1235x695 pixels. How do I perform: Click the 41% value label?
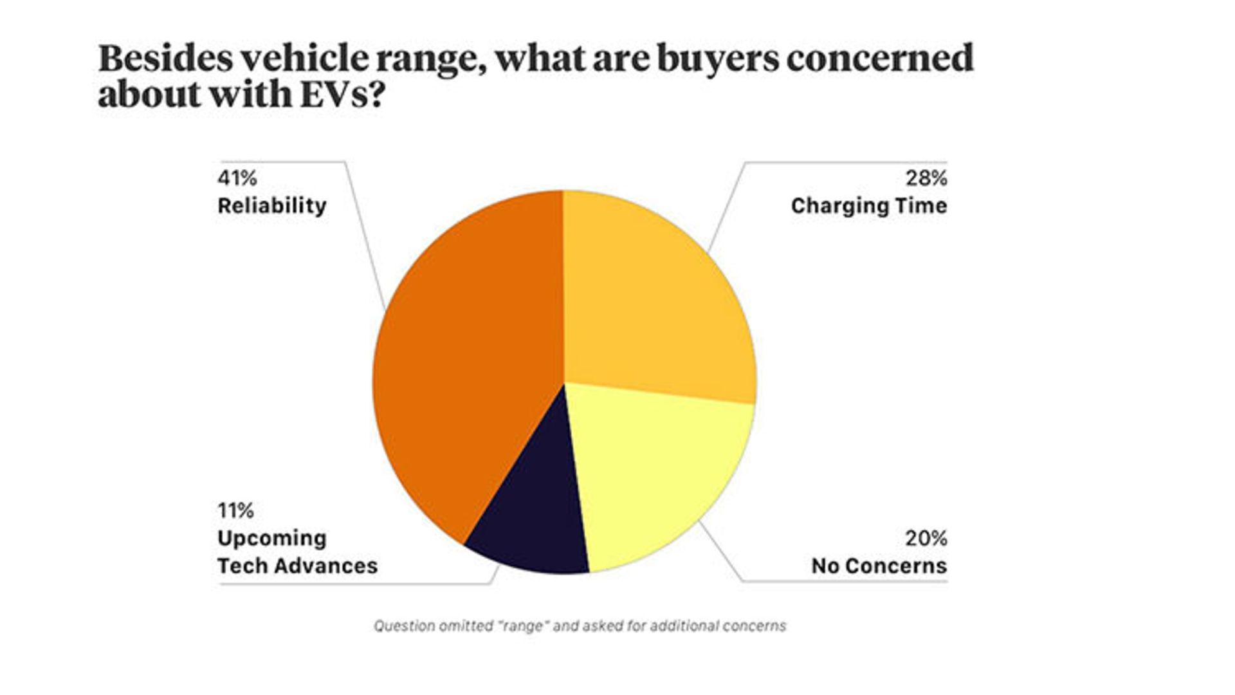[237, 178]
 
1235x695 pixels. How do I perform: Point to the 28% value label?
[926, 178]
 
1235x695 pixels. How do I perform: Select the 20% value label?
[926, 538]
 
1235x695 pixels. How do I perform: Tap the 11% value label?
[235, 510]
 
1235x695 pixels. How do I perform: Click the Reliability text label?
[272, 206]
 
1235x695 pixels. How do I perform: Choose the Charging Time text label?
[869, 206]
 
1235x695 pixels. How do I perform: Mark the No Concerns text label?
[879, 566]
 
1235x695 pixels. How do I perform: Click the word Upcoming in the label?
[272, 539]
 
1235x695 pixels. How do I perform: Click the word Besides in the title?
[165, 59]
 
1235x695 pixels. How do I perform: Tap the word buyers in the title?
[716, 59]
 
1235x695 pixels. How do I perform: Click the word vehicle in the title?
[305, 59]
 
